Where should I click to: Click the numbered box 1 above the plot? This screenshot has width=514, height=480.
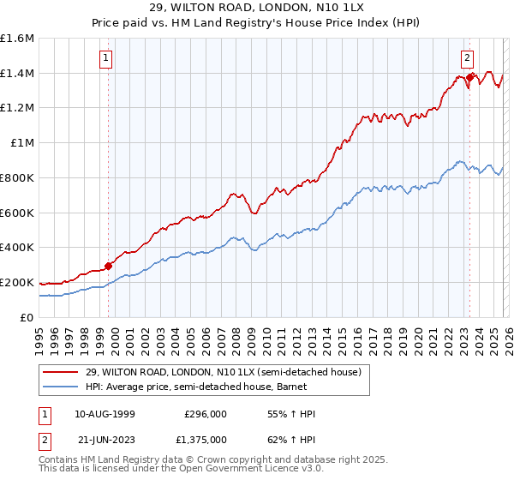[105, 58]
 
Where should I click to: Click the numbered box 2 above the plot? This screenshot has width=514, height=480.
[467, 58]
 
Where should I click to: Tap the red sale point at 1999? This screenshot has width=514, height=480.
[109, 266]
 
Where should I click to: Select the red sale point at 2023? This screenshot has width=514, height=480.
[470, 78]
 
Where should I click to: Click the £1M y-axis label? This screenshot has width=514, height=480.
[22, 143]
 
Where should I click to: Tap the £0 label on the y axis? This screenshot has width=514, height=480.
[27, 317]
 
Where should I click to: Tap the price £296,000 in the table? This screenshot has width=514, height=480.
[206, 414]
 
